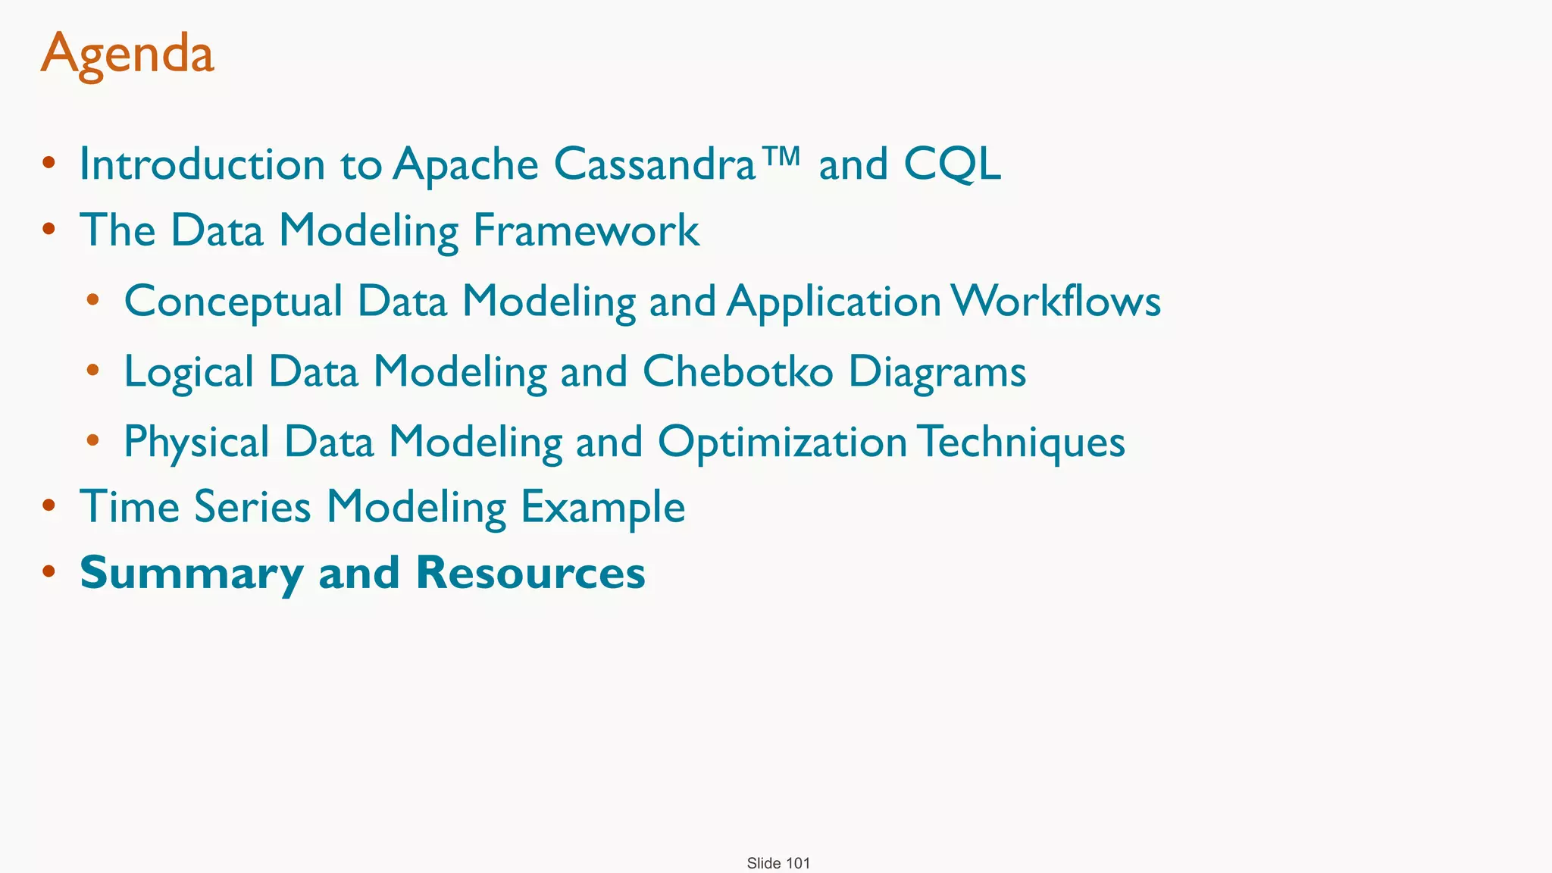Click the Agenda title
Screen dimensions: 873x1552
127,55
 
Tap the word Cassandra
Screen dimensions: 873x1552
655,164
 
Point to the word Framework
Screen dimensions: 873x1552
586,230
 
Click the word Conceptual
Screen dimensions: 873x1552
233,302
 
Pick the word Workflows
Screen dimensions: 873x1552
1056,301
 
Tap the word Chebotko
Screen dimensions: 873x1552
737,371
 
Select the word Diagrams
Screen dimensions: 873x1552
937,372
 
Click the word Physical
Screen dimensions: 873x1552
196,442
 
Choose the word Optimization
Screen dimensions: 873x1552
782,442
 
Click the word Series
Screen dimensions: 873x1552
252,506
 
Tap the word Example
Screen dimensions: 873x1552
603,508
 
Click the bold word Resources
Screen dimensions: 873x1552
530,572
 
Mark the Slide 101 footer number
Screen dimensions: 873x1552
778,863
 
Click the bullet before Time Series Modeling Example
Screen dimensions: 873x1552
48,506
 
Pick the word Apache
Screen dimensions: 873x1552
465,164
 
